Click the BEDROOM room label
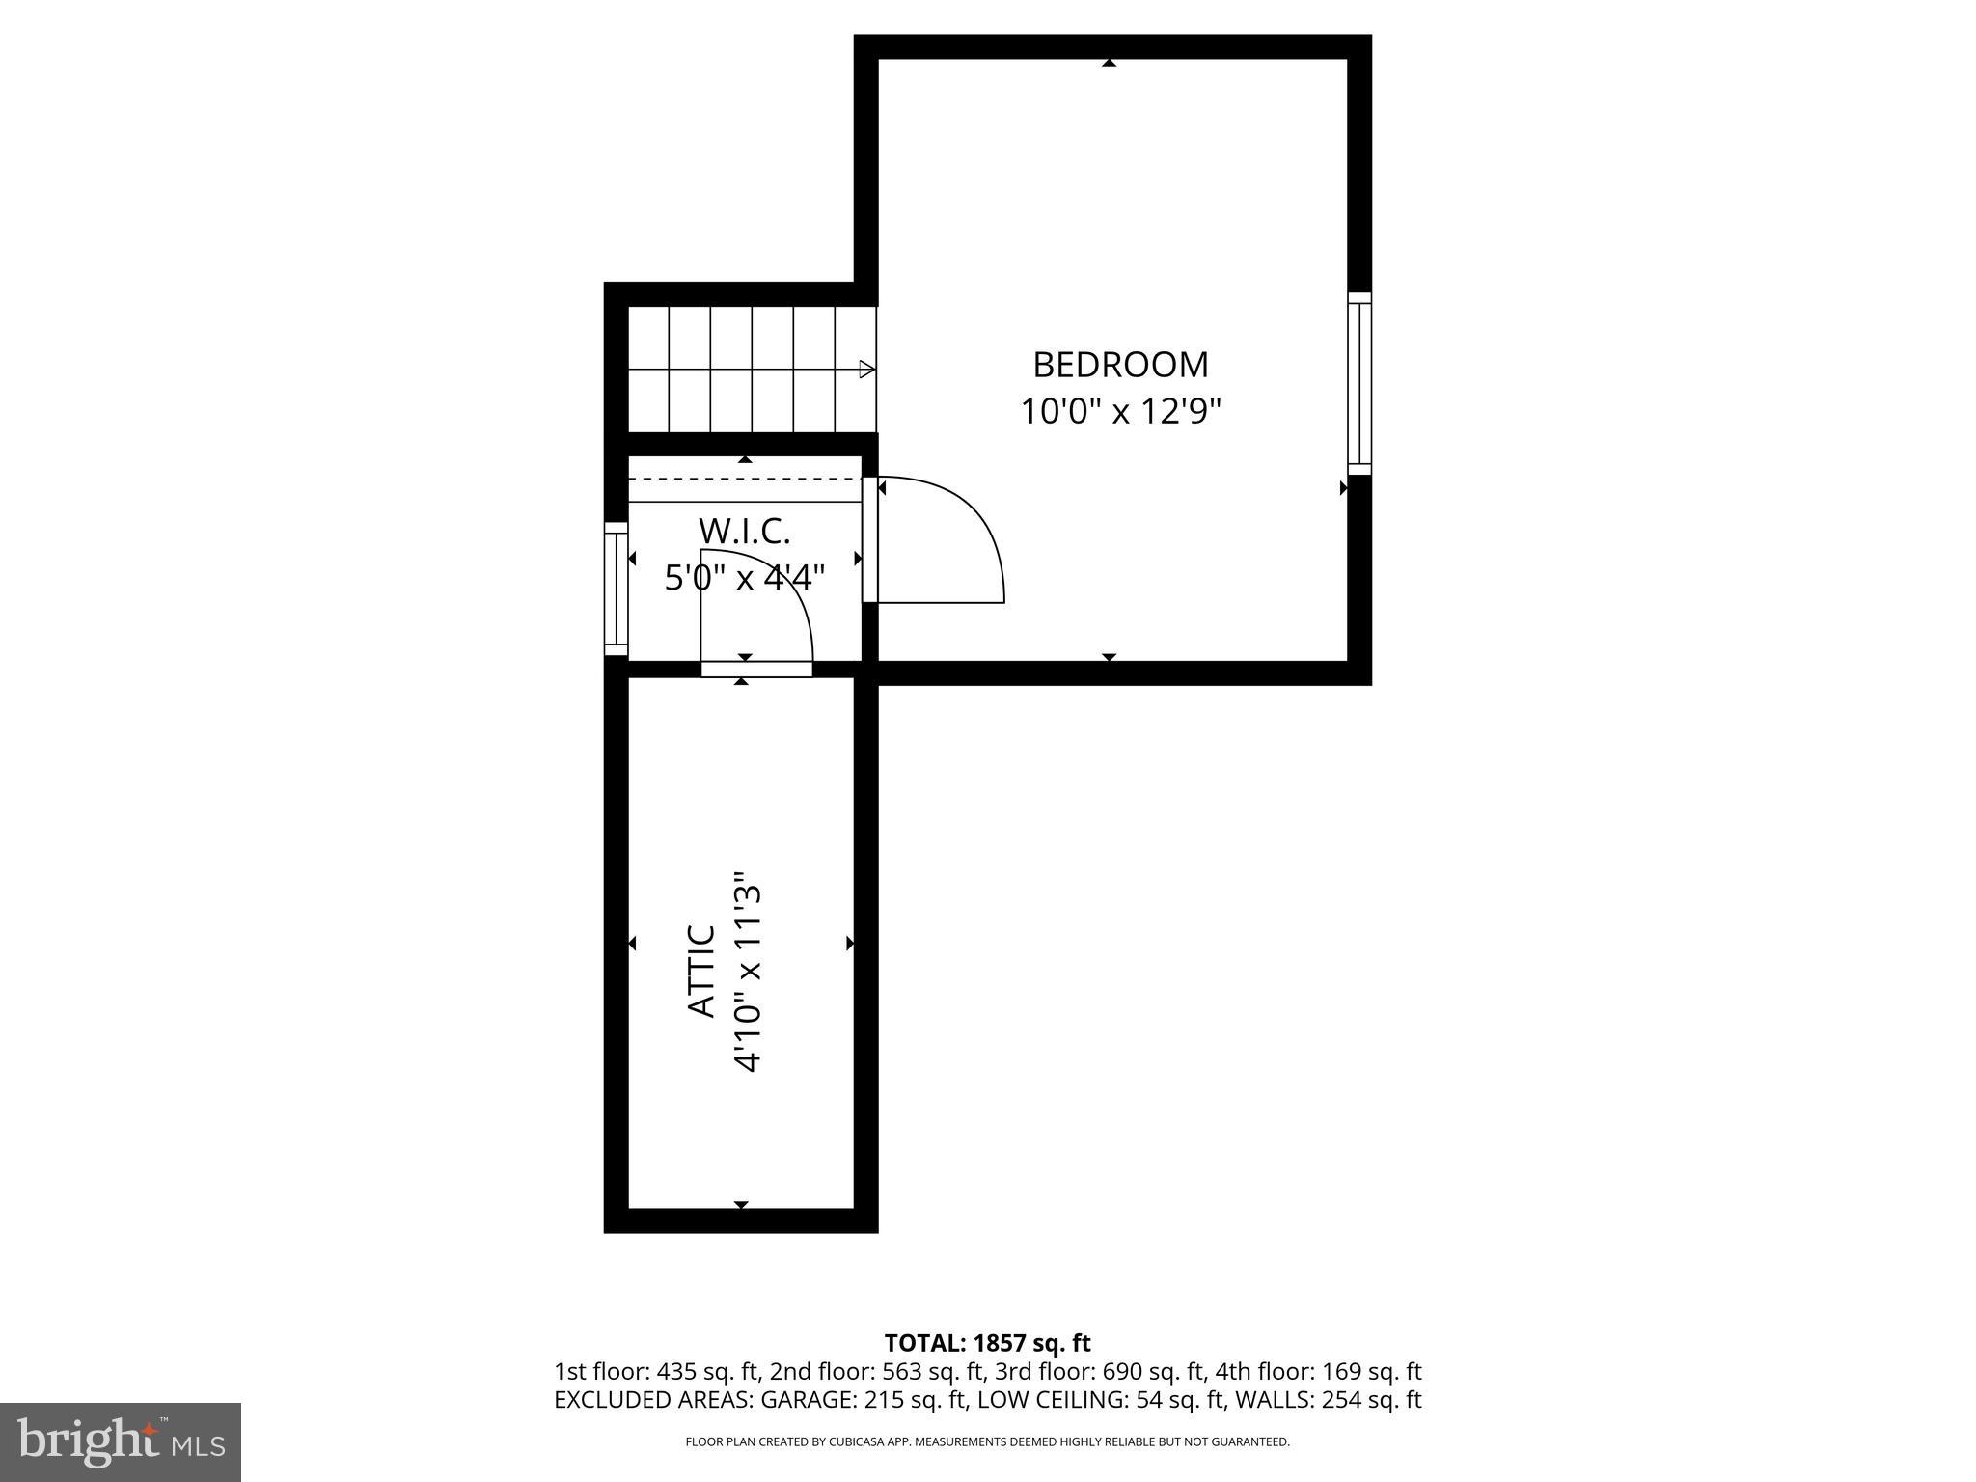click(x=1120, y=365)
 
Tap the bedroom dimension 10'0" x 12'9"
click(x=1121, y=412)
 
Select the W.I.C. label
click(x=744, y=531)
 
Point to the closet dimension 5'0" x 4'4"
click(x=744, y=578)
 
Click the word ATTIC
click(x=702, y=971)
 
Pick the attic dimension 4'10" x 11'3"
click(x=749, y=973)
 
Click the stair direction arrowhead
click(x=866, y=370)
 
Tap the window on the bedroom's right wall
click(x=1358, y=383)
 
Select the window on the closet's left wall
click(x=616, y=589)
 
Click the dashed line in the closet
click(x=744, y=478)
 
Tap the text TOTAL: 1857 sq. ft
click(x=987, y=1342)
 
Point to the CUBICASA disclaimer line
click(x=987, y=1441)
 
